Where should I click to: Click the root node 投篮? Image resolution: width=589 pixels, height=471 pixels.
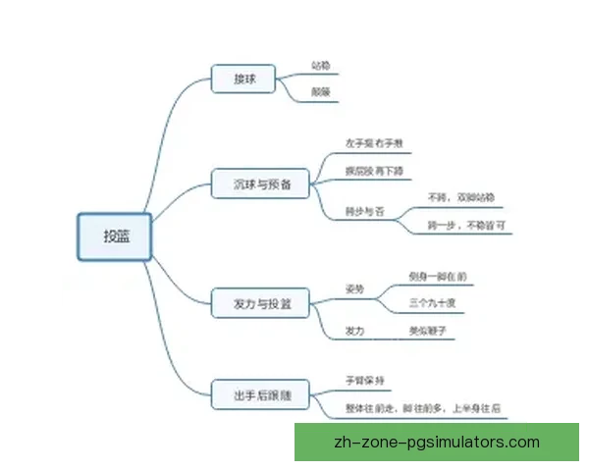pos(115,236)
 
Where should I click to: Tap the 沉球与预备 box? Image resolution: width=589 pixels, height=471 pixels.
pos(260,183)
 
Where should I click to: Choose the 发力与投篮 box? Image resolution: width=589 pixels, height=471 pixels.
pos(260,303)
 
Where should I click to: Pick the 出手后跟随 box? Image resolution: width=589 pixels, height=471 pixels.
pos(260,396)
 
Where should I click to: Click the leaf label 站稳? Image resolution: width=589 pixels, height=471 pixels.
pos(320,66)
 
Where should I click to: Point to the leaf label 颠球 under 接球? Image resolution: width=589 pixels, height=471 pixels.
pos(320,91)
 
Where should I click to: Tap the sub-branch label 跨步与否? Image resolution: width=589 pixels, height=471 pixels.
pos(363,210)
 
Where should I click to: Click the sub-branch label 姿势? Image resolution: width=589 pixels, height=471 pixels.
pos(354,290)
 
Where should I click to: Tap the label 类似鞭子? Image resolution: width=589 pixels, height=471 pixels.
pos(427,332)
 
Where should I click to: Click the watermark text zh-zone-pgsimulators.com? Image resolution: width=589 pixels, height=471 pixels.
pos(437,442)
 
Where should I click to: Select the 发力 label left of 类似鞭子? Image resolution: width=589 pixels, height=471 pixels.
pos(354,332)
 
